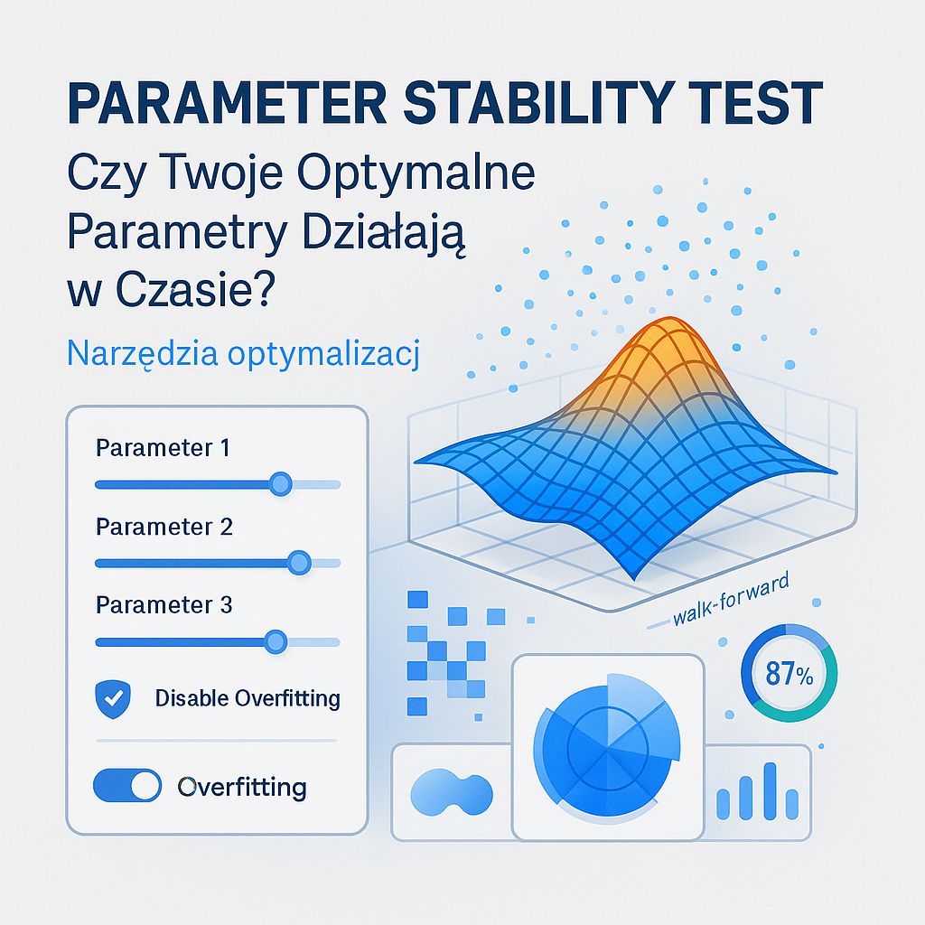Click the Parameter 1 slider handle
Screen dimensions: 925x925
click(281, 484)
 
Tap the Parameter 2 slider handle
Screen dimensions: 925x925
click(298, 563)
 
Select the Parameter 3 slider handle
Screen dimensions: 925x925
click(275, 641)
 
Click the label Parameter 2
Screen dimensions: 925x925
click(164, 527)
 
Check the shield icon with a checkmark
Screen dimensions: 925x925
click(113, 698)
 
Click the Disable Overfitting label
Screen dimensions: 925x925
click(248, 698)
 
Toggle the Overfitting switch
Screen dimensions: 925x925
click(127, 787)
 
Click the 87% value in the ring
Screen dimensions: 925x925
click(789, 675)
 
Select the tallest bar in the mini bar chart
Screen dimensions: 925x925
click(771, 790)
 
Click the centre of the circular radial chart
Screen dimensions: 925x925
click(607, 746)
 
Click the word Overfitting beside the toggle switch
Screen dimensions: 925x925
click(242, 787)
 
